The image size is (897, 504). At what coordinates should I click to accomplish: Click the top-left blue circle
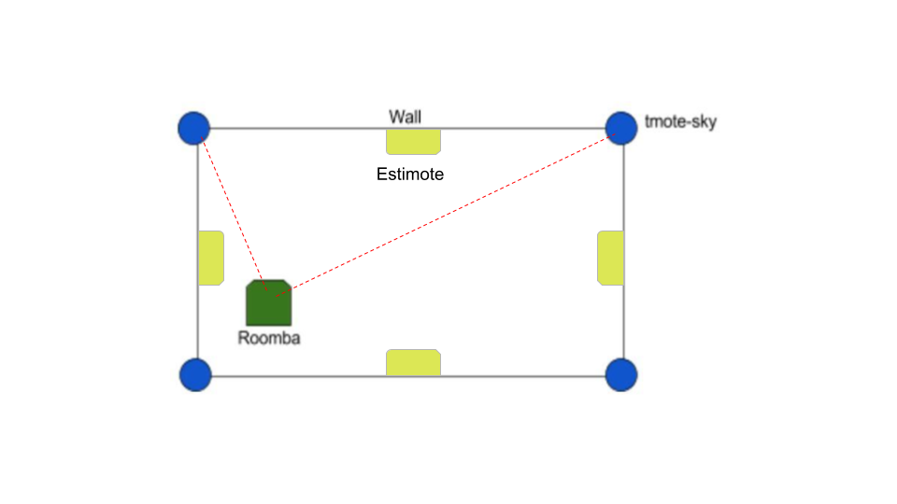(x=194, y=128)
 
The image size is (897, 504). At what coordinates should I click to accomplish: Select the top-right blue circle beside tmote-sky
(x=621, y=128)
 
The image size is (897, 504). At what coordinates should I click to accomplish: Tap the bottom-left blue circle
(x=195, y=375)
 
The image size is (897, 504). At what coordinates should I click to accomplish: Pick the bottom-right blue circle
(x=621, y=375)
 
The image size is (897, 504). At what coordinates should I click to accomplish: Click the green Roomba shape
(x=269, y=302)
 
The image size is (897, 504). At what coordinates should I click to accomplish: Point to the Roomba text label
(x=269, y=338)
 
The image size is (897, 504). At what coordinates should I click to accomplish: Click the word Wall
(x=405, y=117)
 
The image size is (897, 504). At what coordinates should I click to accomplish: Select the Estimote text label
(x=410, y=174)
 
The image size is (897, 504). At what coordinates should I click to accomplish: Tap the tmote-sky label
(x=681, y=121)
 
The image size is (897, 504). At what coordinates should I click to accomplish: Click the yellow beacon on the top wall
(x=413, y=142)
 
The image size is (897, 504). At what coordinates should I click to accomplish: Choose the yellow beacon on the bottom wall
(x=413, y=362)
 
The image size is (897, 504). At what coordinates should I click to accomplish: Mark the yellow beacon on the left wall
(x=211, y=258)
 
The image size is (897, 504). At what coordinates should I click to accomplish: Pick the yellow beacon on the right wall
(x=610, y=258)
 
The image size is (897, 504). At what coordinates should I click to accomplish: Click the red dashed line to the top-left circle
(x=234, y=214)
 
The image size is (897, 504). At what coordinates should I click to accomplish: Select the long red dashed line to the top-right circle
(x=445, y=216)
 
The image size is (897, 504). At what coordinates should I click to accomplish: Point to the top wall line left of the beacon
(x=298, y=128)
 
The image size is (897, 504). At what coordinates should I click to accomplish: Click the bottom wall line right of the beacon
(x=523, y=376)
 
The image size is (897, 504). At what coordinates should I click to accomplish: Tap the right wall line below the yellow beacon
(x=623, y=322)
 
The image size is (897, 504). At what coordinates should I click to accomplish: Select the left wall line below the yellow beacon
(x=198, y=322)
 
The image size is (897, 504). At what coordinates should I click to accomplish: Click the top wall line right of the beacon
(x=523, y=128)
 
